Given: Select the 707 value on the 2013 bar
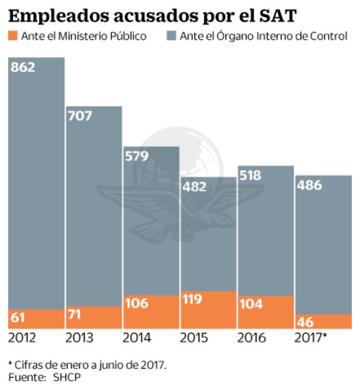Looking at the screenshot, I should pos(80,116).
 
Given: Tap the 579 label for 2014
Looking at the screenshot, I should pos(137,156).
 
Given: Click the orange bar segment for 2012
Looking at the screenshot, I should pos(36,319).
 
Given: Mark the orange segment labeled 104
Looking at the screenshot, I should pos(265,312).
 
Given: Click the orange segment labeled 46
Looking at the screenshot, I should pos(323,321).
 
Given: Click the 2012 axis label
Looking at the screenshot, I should pos(23,338).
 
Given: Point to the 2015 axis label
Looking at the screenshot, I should pos(194,338).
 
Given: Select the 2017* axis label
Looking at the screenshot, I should pos(311,338).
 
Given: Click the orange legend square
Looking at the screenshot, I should pos(13,36).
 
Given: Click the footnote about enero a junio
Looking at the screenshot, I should pos(88,365).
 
